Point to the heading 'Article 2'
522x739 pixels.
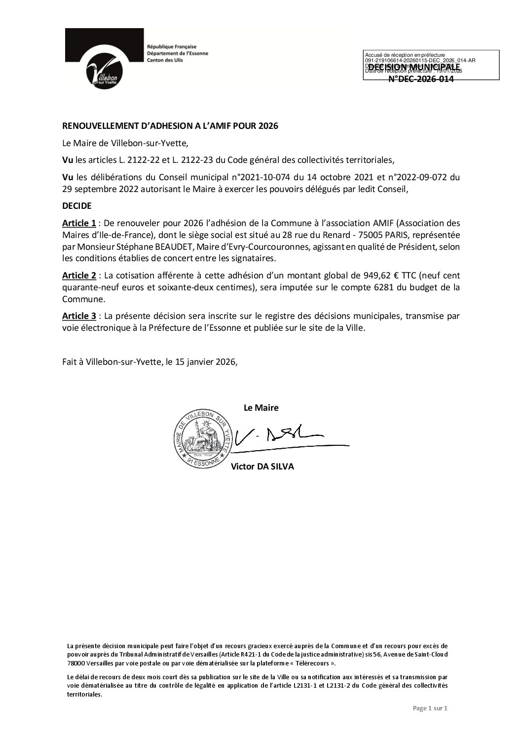click(79, 275)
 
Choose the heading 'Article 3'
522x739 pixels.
click(79, 315)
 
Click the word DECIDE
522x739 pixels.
click(76, 206)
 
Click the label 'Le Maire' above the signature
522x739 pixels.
click(261, 408)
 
